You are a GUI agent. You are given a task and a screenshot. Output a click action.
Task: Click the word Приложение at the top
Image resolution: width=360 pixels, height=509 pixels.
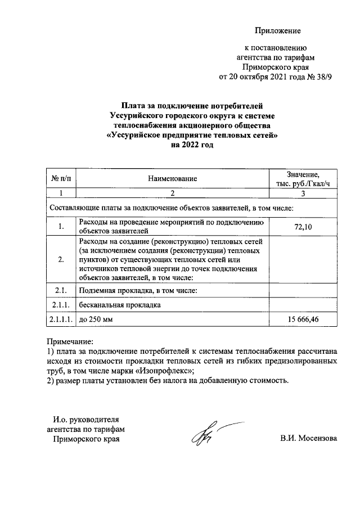pos(278,30)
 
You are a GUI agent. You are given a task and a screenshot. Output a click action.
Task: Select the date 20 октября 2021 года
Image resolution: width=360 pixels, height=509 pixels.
pos(263,77)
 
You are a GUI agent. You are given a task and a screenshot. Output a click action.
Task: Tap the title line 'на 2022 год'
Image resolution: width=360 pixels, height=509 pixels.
pos(192,145)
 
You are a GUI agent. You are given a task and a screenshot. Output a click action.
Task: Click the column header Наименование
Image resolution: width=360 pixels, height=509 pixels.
pos(173,178)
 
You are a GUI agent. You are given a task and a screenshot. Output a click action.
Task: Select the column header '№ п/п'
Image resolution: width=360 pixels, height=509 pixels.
pos(61,178)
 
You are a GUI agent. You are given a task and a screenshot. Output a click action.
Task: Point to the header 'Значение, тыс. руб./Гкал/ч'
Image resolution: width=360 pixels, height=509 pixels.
pos(303,178)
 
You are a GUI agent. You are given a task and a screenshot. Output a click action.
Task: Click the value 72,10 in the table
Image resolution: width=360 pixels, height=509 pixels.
pos(303,226)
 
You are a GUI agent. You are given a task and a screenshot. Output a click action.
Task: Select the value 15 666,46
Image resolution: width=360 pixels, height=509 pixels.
pos(303,319)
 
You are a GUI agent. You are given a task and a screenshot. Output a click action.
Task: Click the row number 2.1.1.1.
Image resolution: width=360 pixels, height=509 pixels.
pos(61,319)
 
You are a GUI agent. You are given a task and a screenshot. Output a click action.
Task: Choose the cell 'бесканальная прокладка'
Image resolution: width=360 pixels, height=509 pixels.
pos(120,305)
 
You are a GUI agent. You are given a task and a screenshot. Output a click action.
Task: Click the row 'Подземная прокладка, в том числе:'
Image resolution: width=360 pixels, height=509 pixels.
pos(138,290)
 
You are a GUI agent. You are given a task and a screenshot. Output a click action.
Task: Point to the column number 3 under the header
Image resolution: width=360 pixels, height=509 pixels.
pos(303,193)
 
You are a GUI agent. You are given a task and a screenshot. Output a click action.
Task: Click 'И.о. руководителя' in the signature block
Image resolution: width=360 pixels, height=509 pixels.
pos(86,419)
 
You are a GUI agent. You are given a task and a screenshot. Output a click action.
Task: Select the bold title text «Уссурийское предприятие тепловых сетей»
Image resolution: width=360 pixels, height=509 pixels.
pos(192,135)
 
